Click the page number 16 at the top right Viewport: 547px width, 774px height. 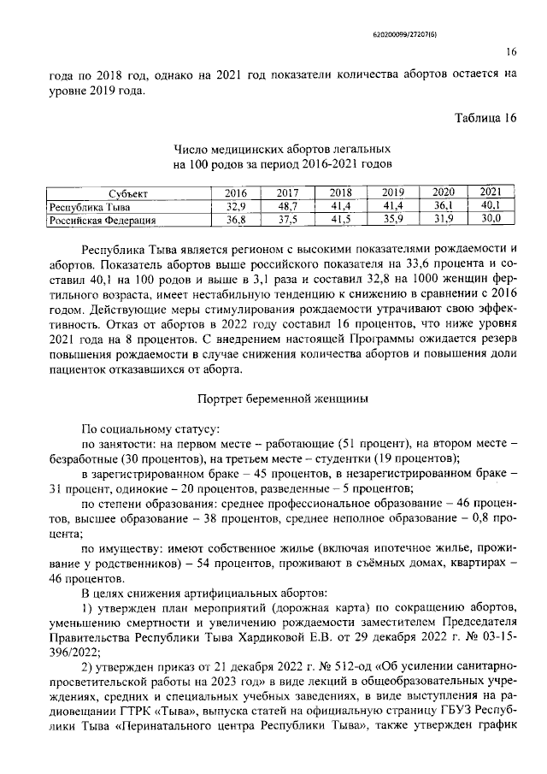tap(511, 51)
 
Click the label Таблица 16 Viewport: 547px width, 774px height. tap(485, 116)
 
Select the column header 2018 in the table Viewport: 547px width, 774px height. tap(341, 192)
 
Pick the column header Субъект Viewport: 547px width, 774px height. tap(121, 193)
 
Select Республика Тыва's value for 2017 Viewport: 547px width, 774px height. tap(288, 206)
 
